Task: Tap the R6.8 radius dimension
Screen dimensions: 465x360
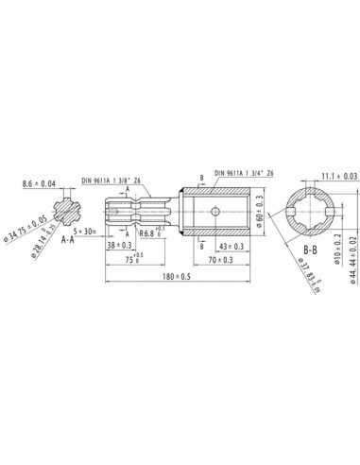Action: (x=152, y=232)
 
